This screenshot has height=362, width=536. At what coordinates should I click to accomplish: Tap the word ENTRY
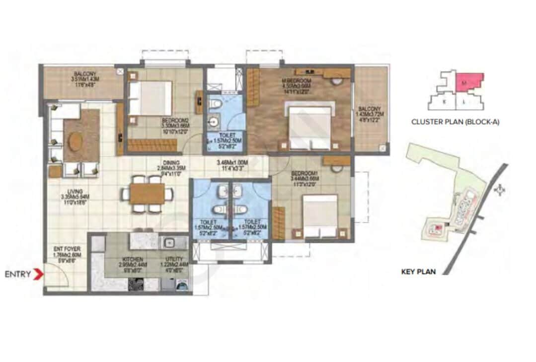pyautogui.click(x=18, y=274)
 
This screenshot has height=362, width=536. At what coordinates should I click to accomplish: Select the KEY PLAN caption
pyautogui.click(x=418, y=272)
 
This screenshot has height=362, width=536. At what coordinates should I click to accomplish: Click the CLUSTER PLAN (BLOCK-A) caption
pyautogui.click(x=455, y=121)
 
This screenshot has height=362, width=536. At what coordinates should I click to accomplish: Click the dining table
pyautogui.click(x=148, y=194)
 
